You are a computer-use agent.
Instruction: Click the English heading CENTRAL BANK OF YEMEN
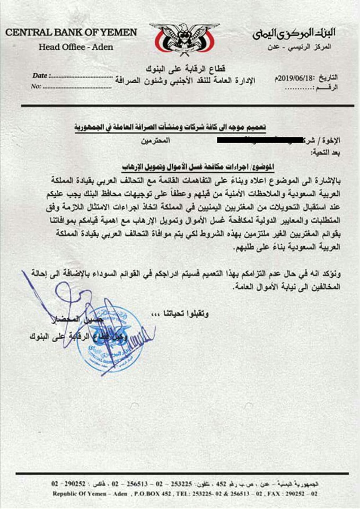tap(72, 33)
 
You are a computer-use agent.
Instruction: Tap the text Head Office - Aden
tap(76, 47)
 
